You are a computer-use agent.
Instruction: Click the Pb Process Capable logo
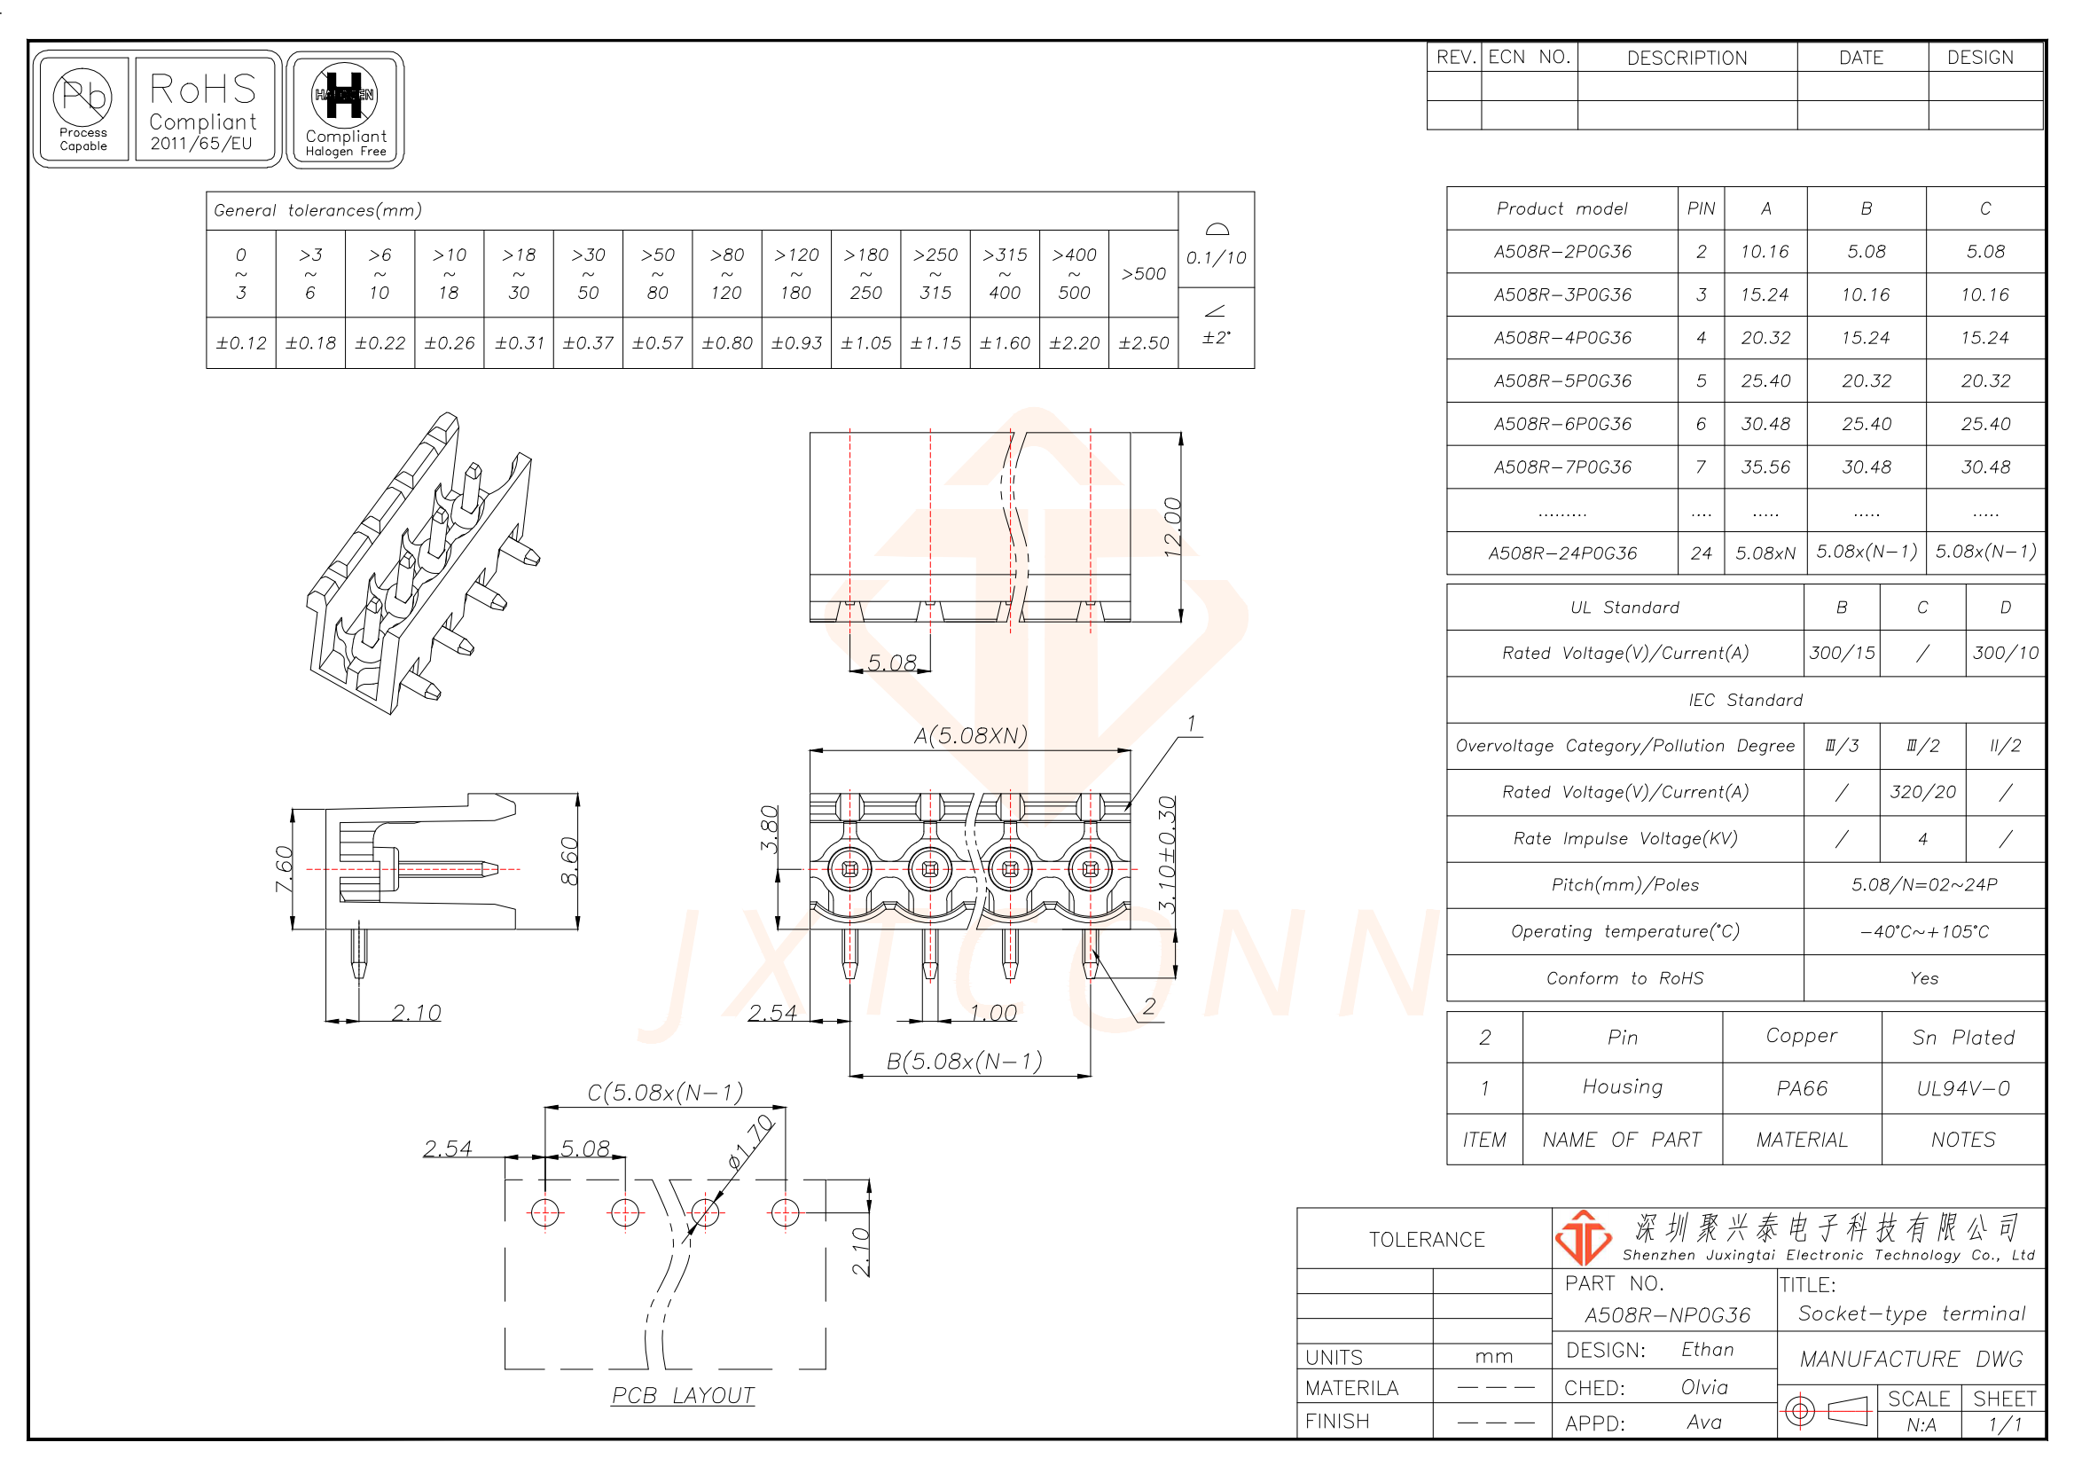coord(82,108)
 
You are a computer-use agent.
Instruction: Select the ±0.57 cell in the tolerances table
coord(657,343)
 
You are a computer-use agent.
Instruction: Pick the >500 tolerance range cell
coord(1143,274)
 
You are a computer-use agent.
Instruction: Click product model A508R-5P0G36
coord(1561,381)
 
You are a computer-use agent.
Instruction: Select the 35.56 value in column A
coord(1765,467)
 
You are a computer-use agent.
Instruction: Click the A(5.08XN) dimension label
coord(970,735)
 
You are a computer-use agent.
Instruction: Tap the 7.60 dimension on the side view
coord(284,868)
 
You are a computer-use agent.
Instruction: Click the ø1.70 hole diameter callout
coord(751,1142)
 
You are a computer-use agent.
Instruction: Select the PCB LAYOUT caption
coord(682,1396)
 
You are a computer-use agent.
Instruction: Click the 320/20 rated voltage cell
coord(1922,792)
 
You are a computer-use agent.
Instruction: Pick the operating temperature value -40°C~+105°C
coord(1923,931)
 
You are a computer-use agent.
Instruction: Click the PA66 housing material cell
coord(1801,1088)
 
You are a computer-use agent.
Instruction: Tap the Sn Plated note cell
coord(1962,1037)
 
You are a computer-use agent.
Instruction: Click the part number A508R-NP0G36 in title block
coord(1667,1315)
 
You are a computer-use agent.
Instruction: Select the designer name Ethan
coord(1706,1350)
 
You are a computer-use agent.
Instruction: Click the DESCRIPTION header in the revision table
coord(1687,58)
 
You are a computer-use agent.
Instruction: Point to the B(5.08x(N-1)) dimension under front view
coord(964,1061)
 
